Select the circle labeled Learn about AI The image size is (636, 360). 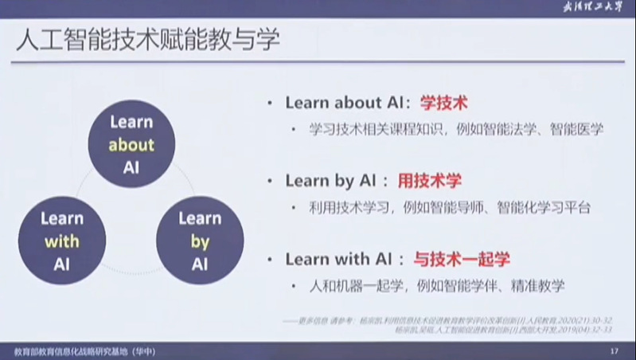click(131, 146)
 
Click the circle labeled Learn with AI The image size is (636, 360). click(61, 241)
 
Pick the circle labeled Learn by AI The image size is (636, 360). click(199, 241)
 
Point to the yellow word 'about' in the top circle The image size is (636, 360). click(131, 146)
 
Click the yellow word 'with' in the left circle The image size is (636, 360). click(61, 242)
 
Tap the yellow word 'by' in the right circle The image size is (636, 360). click(199, 242)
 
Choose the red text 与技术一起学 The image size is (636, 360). click(461, 259)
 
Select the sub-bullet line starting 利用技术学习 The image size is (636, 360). click(451, 207)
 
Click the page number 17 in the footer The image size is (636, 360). click(613, 350)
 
